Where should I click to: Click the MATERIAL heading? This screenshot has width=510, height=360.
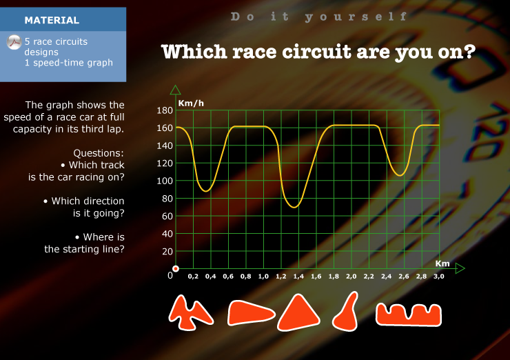coord(52,20)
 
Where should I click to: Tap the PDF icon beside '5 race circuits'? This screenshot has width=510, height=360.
coord(14,42)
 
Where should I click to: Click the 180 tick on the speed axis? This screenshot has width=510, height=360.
coord(165,110)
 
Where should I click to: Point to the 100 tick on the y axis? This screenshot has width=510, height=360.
coord(165,181)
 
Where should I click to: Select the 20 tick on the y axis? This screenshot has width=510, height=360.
coord(167,252)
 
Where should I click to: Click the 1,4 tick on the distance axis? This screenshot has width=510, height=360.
coord(298,277)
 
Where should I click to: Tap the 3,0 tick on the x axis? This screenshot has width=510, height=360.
coord(439,277)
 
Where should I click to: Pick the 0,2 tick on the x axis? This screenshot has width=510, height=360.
coord(193,277)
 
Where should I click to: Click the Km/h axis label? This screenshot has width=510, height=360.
coord(191,103)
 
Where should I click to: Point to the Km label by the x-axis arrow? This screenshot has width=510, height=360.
coord(442,263)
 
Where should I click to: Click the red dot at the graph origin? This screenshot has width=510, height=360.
coord(176,268)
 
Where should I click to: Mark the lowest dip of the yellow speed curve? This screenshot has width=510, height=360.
coord(294,207)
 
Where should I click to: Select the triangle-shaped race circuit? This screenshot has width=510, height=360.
coord(298,313)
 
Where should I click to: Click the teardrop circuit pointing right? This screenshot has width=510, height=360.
coord(251,313)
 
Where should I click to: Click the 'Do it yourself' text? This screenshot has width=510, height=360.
coord(318,17)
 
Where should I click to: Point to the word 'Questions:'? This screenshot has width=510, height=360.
coord(99,153)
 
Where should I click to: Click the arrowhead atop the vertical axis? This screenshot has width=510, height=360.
coord(175,90)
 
